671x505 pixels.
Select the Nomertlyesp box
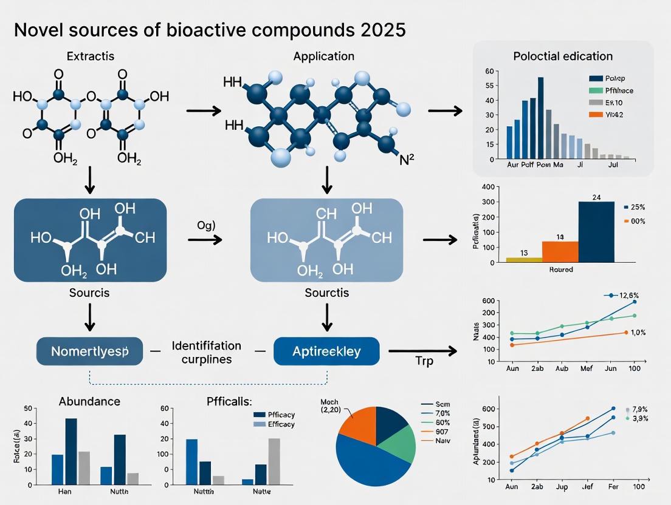[x=89, y=351]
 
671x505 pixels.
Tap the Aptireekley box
[x=326, y=351]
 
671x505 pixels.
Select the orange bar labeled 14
[x=560, y=251]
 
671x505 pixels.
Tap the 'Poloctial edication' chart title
[x=562, y=56]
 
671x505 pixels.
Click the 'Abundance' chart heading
[x=89, y=401]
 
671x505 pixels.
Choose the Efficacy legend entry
[x=273, y=424]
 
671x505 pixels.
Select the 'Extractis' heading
[x=90, y=56]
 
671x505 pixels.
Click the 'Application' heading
[x=323, y=56]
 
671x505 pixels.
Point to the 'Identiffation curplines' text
[x=206, y=352]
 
